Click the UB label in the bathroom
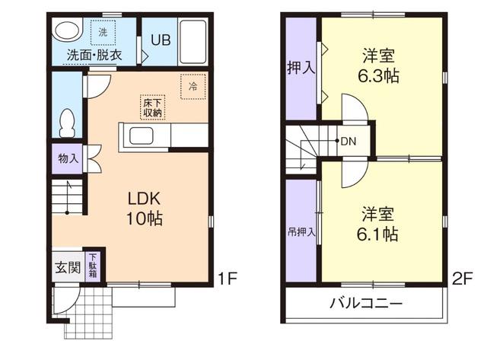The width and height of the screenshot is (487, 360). (161, 40)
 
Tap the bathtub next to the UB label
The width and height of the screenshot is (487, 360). (193, 42)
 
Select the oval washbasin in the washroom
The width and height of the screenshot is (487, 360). (67, 31)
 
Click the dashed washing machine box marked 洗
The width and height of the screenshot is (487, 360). (103, 32)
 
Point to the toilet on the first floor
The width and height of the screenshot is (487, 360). (68, 123)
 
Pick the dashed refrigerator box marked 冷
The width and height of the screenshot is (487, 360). (193, 86)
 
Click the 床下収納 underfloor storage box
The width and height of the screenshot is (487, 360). (152, 107)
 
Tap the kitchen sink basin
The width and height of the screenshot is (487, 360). (141, 135)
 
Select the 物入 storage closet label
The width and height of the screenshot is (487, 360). (68, 159)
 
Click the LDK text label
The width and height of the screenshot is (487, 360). (144, 199)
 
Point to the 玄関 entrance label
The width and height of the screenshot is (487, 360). (68, 267)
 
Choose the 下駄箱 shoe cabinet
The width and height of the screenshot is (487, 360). (93, 266)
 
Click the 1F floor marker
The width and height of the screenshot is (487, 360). (228, 279)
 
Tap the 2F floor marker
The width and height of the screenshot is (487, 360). (462, 279)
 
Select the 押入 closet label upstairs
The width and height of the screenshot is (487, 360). (301, 68)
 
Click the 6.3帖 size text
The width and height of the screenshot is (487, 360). (379, 76)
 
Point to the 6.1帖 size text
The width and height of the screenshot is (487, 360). (377, 234)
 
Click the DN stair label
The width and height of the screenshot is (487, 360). (349, 142)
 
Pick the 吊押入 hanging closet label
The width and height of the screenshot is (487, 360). (301, 231)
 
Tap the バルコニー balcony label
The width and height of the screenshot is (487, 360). (366, 302)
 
